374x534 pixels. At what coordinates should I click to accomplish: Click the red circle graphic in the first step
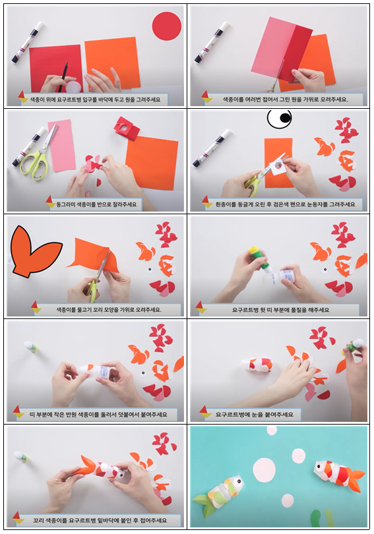167,26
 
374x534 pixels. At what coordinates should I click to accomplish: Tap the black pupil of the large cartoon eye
285,118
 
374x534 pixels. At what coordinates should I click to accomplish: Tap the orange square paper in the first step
112,63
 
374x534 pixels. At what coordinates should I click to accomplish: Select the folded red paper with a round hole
127,129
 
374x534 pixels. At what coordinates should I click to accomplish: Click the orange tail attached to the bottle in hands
89,465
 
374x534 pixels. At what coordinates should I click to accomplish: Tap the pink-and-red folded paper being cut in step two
282,49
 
